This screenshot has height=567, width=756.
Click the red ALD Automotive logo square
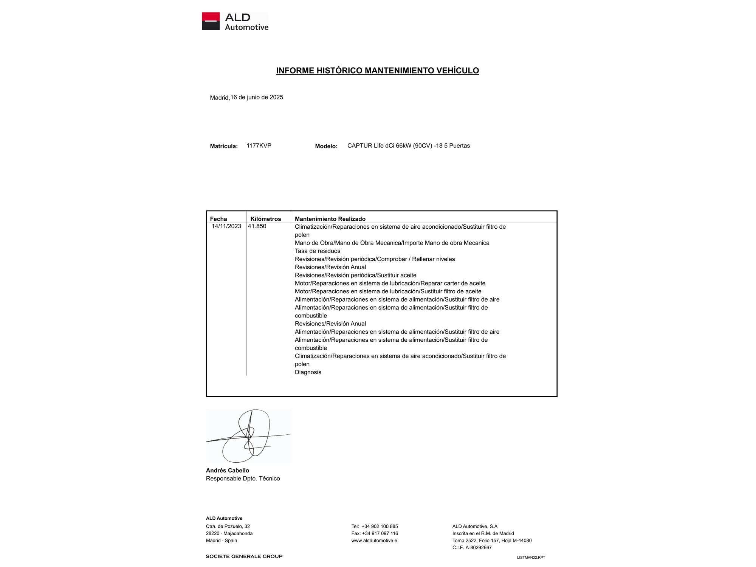[x=211, y=21]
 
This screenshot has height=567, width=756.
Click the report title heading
[x=377, y=71]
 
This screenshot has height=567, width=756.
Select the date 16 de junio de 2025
[x=257, y=97]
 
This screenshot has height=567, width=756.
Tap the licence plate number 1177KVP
[x=259, y=146]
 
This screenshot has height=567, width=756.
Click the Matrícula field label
[x=224, y=146]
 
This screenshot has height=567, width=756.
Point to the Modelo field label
[x=326, y=146]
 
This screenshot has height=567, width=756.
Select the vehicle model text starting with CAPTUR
[x=408, y=146]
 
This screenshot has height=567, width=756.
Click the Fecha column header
[x=218, y=219]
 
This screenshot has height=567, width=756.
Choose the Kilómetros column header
[x=266, y=219]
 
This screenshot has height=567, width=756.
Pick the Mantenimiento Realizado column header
[x=330, y=219]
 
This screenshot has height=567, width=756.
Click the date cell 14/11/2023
[x=226, y=226]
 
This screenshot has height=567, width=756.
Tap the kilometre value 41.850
[x=257, y=226]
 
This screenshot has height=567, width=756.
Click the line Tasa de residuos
[x=318, y=251]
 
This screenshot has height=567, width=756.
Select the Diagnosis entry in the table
[x=308, y=372]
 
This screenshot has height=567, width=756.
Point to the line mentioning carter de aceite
[x=390, y=283]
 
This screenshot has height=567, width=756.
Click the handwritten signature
[x=248, y=436]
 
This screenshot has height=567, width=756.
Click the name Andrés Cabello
[x=228, y=471]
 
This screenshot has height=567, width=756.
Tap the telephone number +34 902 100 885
[x=380, y=526]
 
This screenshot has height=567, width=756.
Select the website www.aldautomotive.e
[x=374, y=541]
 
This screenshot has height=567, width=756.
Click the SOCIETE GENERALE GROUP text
[x=244, y=556]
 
